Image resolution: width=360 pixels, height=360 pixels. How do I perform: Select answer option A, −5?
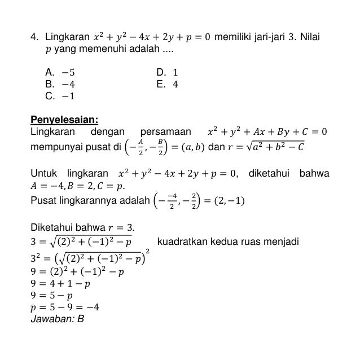[x=60, y=72]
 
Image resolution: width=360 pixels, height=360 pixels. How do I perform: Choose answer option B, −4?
[x=60, y=84]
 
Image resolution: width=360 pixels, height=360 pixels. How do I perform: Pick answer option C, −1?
[x=60, y=96]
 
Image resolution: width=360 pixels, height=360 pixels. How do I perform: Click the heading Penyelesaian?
[x=64, y=120]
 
